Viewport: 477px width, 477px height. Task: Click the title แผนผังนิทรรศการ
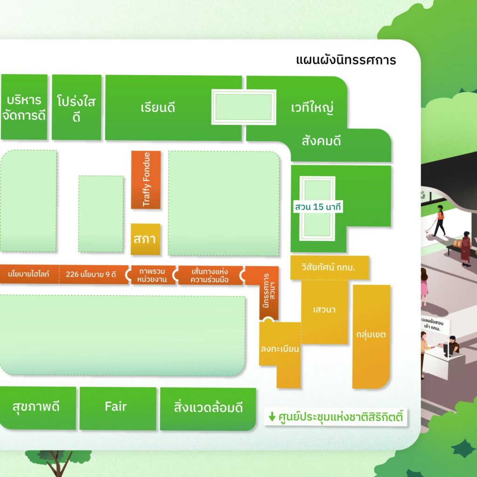coord(346,61)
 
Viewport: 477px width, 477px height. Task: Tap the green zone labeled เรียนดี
coord(158,108)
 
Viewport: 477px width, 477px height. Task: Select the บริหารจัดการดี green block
coord(24,107)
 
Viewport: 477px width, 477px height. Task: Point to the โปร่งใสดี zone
coord(76,108)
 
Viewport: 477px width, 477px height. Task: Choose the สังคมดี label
coord(321,141)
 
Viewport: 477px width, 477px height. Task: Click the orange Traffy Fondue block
coord(146,179)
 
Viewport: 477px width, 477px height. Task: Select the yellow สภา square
coord(145,239)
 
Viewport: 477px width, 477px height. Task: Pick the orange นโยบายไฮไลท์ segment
coord(29,274)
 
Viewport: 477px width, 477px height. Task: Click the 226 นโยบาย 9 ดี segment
coord(91,274)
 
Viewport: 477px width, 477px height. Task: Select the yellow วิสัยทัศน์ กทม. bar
coord(329,268)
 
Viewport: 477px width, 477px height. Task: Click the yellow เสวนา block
coord(325,310)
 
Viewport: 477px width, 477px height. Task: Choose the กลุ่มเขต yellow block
coord(371,334)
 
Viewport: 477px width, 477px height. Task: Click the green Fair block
coord(116,407)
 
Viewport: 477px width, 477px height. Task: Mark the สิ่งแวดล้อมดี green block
coord(208,408)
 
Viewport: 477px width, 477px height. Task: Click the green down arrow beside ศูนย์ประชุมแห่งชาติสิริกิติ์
coord(272,416)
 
